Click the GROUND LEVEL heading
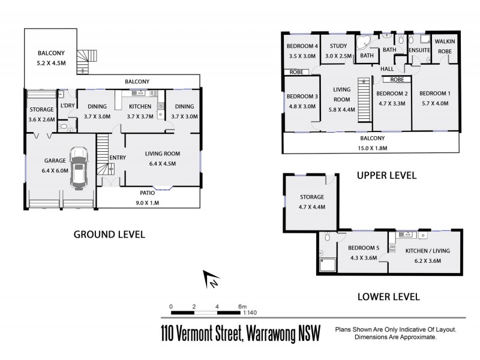pyautogui.click(x=109, y=234)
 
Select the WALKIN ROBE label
pyautogui.click(x=445, y=46)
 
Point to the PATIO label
pyautogui.click(x=147, y=193)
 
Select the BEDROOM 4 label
pyautogui.click(x=302, y=46)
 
